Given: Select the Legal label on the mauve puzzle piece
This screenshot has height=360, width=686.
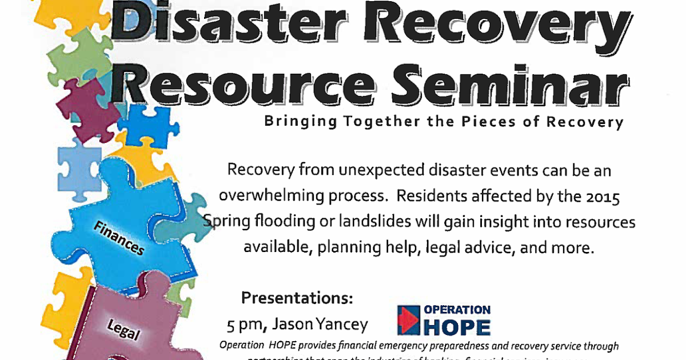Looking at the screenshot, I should [123, 330].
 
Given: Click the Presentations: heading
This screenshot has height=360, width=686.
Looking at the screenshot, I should [297, 298].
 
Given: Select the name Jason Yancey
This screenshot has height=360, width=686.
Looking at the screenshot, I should [320, 325].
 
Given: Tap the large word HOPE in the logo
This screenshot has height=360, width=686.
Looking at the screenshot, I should [457, 327].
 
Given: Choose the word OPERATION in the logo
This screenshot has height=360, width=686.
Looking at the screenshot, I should [457, 310].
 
